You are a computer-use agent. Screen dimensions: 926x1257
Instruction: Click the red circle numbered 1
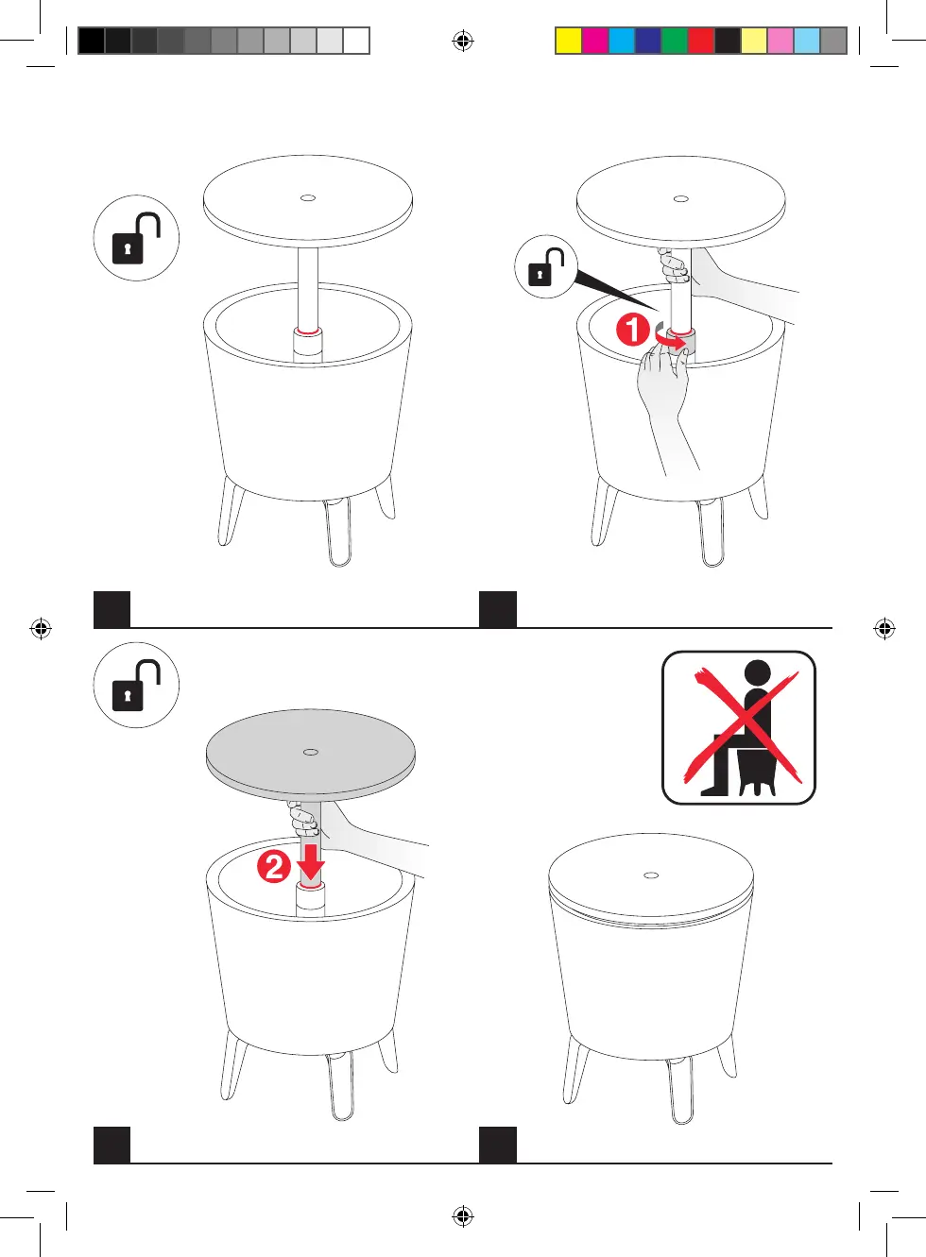click(633, 330)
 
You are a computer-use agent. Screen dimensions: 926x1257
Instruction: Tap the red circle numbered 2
click(274, 868)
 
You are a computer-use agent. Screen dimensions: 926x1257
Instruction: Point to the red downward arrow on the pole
click(311, 862)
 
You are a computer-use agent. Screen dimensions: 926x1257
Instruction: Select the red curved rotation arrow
click(671, 338)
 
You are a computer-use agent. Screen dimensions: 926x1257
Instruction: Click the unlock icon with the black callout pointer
click(546, 266)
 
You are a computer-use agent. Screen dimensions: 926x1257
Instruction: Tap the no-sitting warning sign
click(739, 728)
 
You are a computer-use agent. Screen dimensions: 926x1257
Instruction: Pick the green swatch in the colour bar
click(675, 41)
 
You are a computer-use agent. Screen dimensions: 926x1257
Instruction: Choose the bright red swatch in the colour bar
click(701, 41)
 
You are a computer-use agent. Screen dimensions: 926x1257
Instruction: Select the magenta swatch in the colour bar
click(595, 41)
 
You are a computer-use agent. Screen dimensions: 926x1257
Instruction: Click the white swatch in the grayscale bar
click(356, 41)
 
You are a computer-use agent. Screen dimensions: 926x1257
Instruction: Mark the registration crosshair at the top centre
click(463, 41)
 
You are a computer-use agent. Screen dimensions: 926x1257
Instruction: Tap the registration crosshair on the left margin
click(41, 629)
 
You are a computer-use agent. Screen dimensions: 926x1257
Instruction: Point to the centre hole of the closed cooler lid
click(651, 875)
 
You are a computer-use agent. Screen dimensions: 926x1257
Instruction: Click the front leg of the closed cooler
click(680, 1090)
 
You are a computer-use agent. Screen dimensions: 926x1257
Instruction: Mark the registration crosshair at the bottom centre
click(463, 1216)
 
